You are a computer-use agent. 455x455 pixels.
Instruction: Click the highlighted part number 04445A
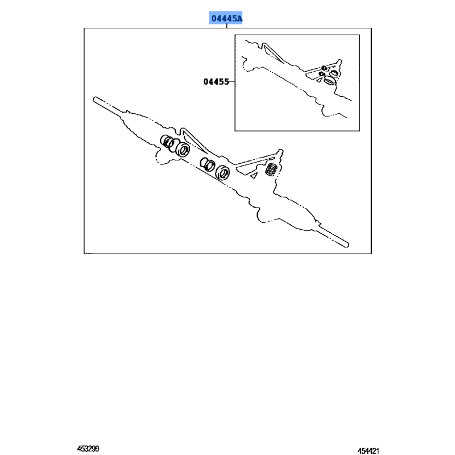(226, 19)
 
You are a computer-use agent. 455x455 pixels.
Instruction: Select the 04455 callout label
(216, 82)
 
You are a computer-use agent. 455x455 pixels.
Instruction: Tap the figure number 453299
(88, 449)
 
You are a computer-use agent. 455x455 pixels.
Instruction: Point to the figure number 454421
(368, 451)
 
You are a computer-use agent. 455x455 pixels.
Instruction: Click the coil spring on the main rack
(271, 169)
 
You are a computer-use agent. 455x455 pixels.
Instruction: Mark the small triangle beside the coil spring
(254, 175)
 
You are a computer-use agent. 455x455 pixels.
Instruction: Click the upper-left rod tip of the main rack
(94, 99)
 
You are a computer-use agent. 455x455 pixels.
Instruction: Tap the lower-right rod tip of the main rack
(348, 245)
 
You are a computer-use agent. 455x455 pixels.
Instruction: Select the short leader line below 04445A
(226, 26)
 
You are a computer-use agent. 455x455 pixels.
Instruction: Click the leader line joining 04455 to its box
(232, 82)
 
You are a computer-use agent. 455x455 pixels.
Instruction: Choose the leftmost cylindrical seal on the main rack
(167, 141)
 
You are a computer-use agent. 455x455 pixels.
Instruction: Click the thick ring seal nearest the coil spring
(222, 172)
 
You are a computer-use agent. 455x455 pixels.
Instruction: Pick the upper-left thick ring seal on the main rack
(183, 150)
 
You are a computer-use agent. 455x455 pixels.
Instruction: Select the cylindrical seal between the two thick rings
(208, 164)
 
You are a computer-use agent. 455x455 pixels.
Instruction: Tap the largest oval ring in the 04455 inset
(329, 80)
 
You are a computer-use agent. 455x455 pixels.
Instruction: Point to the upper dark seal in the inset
(324, 68)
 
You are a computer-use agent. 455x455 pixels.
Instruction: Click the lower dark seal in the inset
(321, 74)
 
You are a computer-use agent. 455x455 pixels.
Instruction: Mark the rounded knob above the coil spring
(280, 151)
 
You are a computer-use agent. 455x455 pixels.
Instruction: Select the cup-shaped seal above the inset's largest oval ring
(334, 73)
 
